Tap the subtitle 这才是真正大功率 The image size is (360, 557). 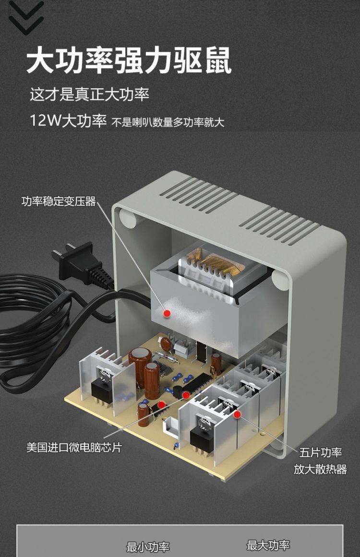point(89,95)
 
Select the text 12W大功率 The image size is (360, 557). point(68,121)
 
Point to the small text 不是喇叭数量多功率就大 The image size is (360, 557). point(168,122)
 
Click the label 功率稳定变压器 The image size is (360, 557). point(59,201)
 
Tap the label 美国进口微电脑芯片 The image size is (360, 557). point(74,447)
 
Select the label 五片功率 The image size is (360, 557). point(321,452)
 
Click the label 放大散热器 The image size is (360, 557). point(320,469)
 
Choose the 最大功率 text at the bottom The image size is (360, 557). point(268,545)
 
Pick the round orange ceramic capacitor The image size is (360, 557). point(166,343)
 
